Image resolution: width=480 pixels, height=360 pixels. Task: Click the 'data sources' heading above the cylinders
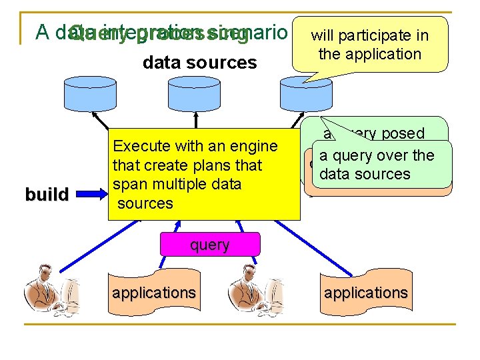tap(199, 63)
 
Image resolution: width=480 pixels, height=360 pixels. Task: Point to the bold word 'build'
tap(47, 195)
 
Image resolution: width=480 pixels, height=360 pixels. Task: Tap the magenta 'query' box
tap(209, 245)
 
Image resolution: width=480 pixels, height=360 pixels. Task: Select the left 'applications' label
tap(154, 293)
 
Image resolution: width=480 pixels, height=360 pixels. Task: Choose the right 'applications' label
tap(365, 293)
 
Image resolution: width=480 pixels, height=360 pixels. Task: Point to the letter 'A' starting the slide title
tap(42, 32)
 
